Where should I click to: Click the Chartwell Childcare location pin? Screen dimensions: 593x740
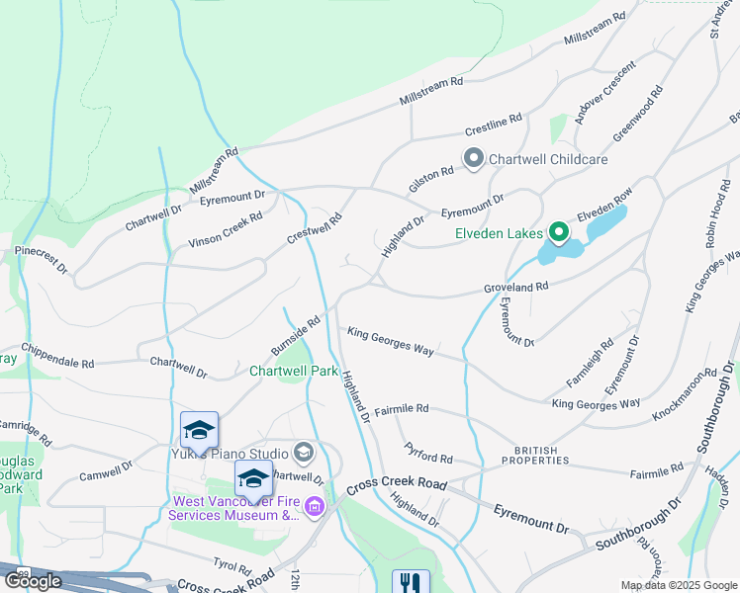pyautogui.click(x=474, y=158)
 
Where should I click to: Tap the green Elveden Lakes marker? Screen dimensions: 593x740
pyautogui.click(x=558, y=233)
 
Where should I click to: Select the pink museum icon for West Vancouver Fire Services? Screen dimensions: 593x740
pyautogui.click(x=316, y=508)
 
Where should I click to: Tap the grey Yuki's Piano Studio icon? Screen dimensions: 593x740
pyautogui.click(x=303, y=454)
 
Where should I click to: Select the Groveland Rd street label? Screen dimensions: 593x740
pyautogui.click(x=514, y=287)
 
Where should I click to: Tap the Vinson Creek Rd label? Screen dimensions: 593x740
pyautogui.click(x=226, y=229)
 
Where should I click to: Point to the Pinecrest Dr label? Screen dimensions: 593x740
pyautogui.click(x=42, y=260)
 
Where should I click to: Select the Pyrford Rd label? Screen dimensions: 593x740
pyautogui.click(x=428, y=459)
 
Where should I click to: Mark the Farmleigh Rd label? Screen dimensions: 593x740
pyautogui.click(x=590, y=362)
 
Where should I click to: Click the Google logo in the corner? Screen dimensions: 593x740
pyautogui.click(x=33, y=581)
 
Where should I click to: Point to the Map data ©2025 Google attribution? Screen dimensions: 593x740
pyautogui.click(x=678, y=585)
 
